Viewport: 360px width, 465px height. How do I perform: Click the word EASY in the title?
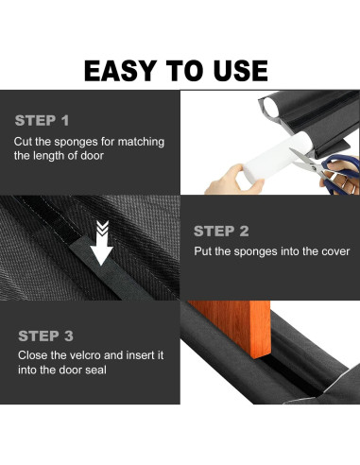120,71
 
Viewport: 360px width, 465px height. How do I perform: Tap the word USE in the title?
240,71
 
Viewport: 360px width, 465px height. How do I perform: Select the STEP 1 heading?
42,121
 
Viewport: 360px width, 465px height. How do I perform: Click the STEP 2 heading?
221,232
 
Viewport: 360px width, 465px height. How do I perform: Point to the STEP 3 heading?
45,336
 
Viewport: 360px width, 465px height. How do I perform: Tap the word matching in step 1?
141,142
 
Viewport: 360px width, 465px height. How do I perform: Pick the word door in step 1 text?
92,156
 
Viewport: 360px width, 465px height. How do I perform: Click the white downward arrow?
101,243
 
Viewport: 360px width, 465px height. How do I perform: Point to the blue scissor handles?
341,176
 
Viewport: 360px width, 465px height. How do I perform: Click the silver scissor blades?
303,161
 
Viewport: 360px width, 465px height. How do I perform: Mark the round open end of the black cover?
270,106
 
